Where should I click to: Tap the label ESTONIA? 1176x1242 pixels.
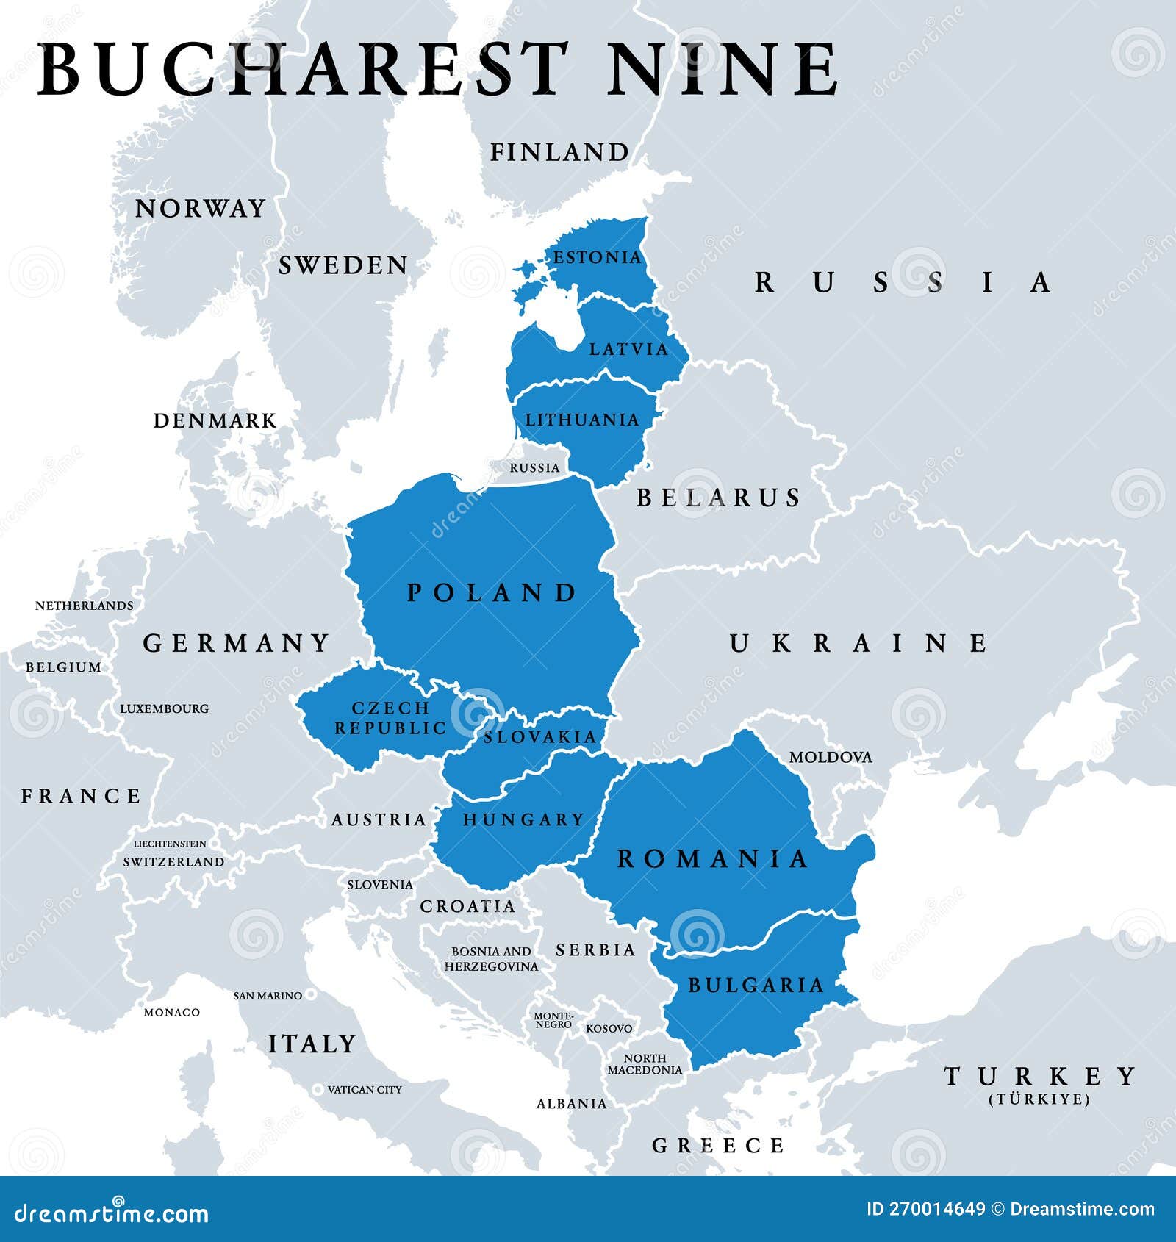(x=597, y=257)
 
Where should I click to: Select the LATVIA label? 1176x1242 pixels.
(x=629, y=348)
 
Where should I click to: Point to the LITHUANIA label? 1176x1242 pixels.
(x=582, y=420)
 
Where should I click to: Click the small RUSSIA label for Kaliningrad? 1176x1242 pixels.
(x=534, y=467)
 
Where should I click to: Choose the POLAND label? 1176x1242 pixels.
(x=492, y=592)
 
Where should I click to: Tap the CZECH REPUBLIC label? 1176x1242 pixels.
(x=390, y=718)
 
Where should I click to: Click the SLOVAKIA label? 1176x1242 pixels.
(x=540, y=736)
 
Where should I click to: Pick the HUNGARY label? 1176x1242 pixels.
(x=523, y=819)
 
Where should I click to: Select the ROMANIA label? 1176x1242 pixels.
(x=712, y=858)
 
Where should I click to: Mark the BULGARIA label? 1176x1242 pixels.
(x=756, y=986)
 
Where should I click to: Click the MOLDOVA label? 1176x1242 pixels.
(x=831, y=757)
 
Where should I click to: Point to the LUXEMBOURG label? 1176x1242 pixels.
(x=164, y=708)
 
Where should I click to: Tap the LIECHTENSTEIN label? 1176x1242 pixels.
(x=170, y=844)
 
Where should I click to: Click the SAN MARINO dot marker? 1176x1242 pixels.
(x=311, y=994)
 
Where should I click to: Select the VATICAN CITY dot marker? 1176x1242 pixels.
(x=318, y=1090)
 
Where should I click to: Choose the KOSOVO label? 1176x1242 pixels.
(x=609, y=1028)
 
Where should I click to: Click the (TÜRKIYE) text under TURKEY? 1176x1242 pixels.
(x=1039, y=1099)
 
